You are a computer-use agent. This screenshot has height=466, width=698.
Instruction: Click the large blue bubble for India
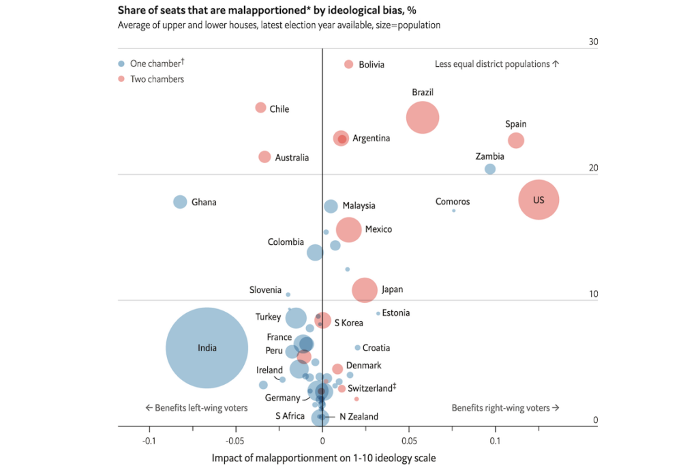coord(207,348)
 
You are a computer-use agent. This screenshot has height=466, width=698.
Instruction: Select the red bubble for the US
coord(538,200)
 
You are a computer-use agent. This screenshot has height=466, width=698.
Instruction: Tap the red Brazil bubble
coord(423,118)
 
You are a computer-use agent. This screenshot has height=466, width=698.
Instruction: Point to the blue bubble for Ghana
coord(180,202)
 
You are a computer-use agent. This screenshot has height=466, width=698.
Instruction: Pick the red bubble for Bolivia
coord(348,64)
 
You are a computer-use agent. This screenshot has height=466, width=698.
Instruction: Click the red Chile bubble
coord(260,108)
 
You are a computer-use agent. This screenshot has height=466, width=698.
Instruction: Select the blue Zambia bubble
coord(489,169)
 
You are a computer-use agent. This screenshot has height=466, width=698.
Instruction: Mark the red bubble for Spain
coord(516,141)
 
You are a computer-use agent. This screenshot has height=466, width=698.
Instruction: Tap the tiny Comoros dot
coord(454,210)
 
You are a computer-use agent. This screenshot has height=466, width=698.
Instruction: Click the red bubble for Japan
coord(365,290)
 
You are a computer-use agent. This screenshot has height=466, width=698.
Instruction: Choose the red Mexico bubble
coord(349,230)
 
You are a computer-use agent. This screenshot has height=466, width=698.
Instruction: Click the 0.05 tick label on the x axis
coord(408,440)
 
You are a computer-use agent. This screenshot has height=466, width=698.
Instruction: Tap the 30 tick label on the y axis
coord(593,42)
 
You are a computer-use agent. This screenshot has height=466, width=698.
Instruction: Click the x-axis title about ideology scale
coord(324,457)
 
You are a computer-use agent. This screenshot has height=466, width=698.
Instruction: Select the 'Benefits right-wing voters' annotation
coord(505,408)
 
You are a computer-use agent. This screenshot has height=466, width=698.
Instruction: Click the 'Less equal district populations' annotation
coord(497,64)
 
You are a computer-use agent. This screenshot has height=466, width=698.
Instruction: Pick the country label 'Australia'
coord(292,158)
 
